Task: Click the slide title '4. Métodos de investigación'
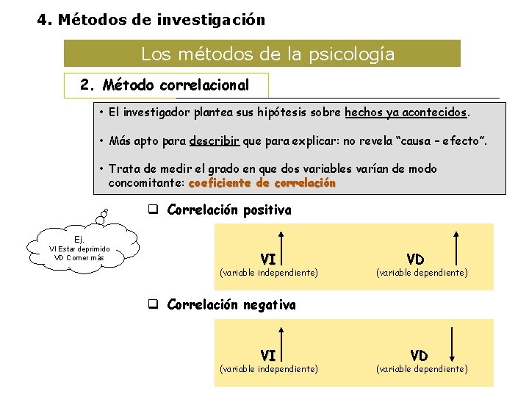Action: click(151, 20)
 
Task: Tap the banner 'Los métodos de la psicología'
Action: click(267, 54)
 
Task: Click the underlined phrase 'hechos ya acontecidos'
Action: click(406, 113)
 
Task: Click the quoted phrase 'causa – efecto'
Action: click(447, 140)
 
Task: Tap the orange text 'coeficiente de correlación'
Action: click(262, 182)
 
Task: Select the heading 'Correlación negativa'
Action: click(231, 304)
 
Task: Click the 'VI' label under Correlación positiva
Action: click(268, 259)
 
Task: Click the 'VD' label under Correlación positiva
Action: click(415, 259)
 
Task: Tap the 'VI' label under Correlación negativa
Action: click(268, 355)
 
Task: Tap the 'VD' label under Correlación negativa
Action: click(419, 355)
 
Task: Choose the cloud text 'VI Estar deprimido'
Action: click(79, 248)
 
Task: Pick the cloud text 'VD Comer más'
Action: click(79, 257)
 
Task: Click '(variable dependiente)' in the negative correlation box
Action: click(422, 368)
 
